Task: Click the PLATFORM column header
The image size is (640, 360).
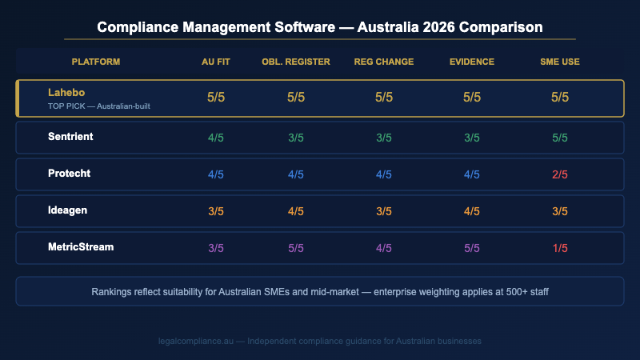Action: click(x=96, y=62)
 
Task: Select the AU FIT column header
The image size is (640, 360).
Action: click(x=216, y=62)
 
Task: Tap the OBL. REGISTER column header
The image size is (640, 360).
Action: click(x=296, y=62)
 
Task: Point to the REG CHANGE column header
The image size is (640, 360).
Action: click(x=384, y=62)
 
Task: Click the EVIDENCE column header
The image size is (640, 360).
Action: click(x=472, y=62)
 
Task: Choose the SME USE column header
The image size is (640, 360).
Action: click(x=560, y=62)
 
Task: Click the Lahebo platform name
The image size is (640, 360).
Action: click(x=66, y=92)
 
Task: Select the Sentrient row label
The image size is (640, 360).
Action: click(x=70, y=137)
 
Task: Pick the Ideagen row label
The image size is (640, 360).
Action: click(x=68, y=210)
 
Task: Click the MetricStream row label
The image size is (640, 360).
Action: click(x=81, y=247)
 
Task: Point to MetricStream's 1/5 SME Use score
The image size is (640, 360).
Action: click(x=560, y=248)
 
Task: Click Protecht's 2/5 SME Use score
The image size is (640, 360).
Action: click(x=560, y=174)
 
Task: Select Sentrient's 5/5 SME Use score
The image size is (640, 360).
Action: click(x=560, y=138)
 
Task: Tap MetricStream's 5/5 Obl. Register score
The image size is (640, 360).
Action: click(x=296, y=248)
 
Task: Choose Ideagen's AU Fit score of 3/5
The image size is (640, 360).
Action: click(x=216, y=211)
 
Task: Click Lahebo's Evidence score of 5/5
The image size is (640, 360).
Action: click(x=472, y=97)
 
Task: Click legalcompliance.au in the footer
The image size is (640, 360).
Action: click(x=199, y=341)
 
